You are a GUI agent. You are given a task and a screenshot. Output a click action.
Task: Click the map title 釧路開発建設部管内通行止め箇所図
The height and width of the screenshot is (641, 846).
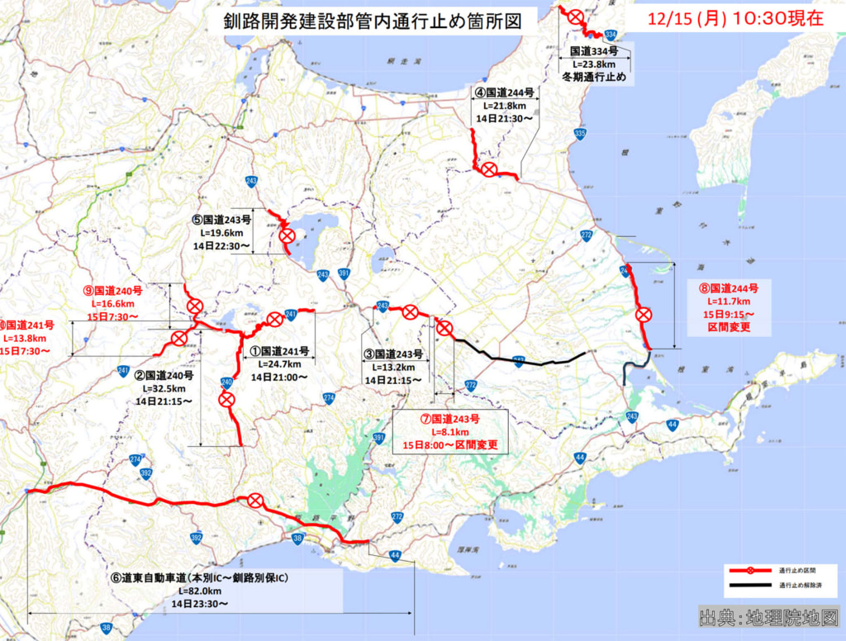click(373, 21)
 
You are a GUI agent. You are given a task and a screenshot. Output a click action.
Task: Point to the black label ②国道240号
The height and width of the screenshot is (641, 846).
click(164, 373)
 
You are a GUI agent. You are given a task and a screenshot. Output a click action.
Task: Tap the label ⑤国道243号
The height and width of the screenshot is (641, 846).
click(221, 220)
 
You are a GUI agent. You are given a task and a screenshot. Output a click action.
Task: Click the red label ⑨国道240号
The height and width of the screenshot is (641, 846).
click(113, 291)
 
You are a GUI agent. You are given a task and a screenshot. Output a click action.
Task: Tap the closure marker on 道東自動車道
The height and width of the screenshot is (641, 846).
click(255, 501)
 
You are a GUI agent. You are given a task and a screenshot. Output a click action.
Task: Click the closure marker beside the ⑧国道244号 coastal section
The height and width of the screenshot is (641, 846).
click(643, 314)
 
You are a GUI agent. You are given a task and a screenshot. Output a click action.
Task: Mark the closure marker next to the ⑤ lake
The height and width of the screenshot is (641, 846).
click(287, 236)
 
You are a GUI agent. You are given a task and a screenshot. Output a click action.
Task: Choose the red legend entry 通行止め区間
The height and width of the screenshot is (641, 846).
click(793, 570)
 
